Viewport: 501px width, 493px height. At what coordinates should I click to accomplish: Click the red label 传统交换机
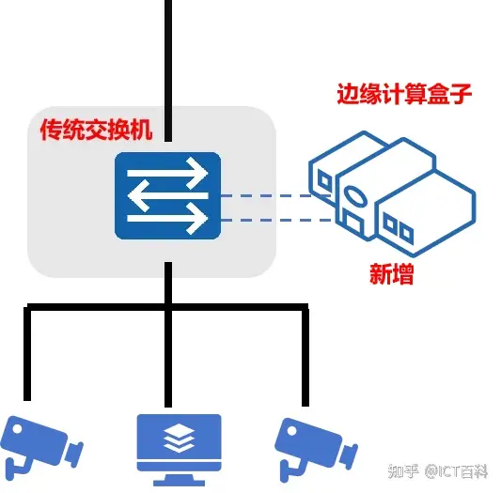[x=96, y=130]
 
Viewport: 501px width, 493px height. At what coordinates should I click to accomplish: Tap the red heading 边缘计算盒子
[x=404, y=94]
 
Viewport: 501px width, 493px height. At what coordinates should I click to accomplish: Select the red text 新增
[x=392, y=274]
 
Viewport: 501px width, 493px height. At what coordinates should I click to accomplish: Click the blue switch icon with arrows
[x=167, y=195]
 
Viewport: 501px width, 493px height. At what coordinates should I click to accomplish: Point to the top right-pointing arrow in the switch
[x=167, y=173]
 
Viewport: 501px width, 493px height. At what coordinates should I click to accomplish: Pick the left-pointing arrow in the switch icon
[x=167, y=195]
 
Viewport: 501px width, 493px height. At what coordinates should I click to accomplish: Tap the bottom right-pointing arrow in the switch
[x=167, y=218]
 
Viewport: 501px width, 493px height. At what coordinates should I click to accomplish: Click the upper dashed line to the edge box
[x=276, y=195]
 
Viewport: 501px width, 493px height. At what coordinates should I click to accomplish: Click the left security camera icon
[x=41, y=448]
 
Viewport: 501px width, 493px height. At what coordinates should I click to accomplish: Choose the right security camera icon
[x=316, y=450]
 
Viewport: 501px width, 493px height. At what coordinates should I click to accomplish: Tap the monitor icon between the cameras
[x=179, y=450]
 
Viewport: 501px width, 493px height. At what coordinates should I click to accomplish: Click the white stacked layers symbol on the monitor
[x=179, y=439]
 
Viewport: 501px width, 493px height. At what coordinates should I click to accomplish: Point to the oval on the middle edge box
[x=355, y=195]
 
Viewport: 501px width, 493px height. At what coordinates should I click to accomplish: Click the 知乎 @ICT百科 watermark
[x=438, y=471]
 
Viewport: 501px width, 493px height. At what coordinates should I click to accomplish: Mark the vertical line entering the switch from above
[x=168, y=70]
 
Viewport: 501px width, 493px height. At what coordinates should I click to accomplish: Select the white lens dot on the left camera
[x=17, y=429]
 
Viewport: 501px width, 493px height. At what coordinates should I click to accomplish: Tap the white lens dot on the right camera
[x=291, y=431]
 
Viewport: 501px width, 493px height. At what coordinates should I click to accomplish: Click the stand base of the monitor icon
[x=179, y=481]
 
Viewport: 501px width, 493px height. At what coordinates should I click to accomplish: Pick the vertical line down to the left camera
[x=27, y=354]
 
